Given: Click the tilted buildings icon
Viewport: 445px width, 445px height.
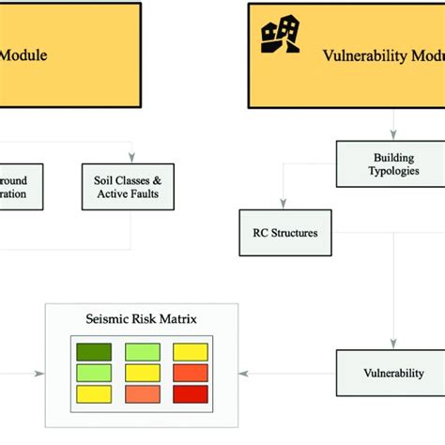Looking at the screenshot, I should (280, 35).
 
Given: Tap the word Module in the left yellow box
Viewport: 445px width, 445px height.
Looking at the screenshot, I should (23, 55).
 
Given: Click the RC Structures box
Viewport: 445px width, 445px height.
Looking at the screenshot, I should (284, 233).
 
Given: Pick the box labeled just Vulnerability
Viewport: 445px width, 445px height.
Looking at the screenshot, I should (392, 373).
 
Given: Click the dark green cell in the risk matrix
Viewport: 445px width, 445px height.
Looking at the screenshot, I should (93, 352).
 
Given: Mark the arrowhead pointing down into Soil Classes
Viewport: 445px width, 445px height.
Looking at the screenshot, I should (130, 158).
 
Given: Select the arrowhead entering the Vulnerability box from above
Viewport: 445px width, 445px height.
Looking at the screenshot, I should (394, 345).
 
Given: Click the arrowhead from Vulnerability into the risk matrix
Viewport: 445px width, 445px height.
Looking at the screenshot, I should (243, 373).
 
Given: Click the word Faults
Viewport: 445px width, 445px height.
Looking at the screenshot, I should (145, 194).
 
